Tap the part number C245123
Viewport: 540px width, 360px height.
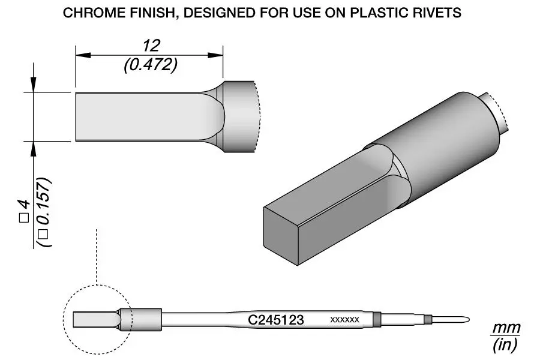[276, 320]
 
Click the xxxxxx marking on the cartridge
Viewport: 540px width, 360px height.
[344, 320]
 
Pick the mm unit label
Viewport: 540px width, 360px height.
[506, 329]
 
